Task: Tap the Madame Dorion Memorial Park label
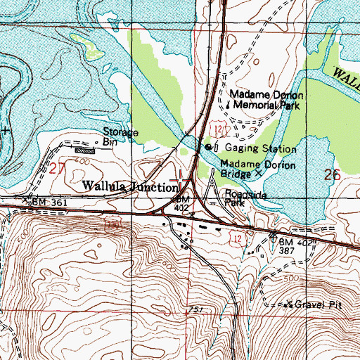pyautogui.click(x=266, y=100)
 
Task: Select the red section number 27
pyautogui.click(x=57, y=168)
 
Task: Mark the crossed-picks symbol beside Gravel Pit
pyautogui.click(x=288, y=304)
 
